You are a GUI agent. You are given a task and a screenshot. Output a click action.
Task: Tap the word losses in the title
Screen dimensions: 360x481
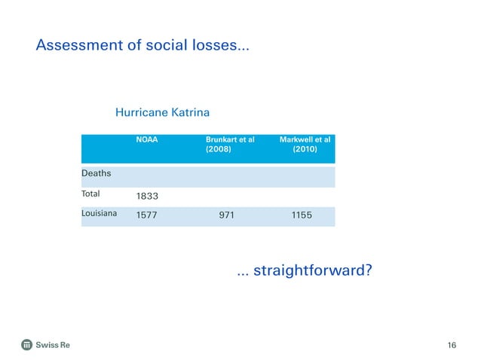click(213, 47)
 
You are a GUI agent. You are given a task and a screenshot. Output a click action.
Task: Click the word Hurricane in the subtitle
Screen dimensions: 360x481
click(142, 112)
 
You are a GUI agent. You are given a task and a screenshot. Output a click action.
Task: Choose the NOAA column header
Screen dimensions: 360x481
click(146, 139)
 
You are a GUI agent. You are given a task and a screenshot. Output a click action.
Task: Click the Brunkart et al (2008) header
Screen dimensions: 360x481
click(229, 144)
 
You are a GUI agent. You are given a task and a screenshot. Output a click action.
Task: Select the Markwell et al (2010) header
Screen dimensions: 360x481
click(305, 144)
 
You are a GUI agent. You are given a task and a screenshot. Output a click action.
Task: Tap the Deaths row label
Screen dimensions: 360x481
click(96, 173)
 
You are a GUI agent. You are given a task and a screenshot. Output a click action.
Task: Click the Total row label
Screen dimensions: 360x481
click(90, 194)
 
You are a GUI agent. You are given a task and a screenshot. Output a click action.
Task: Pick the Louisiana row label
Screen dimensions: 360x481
click(100, 214)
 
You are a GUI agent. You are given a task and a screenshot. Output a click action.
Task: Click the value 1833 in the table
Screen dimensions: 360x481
click(147, 196)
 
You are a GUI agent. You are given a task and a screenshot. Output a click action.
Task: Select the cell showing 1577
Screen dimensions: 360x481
click(147, 215)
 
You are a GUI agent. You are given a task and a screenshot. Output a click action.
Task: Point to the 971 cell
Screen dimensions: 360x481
click(226, 215)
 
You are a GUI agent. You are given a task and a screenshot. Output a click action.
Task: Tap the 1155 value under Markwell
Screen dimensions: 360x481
click(302, 215)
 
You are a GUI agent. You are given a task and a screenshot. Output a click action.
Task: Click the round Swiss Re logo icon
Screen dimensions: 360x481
click(27, 345)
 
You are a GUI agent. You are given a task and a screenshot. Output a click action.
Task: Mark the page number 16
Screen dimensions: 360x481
click(451, 345)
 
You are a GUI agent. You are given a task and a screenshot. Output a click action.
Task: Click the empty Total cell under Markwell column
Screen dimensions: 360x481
click(302, 195)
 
